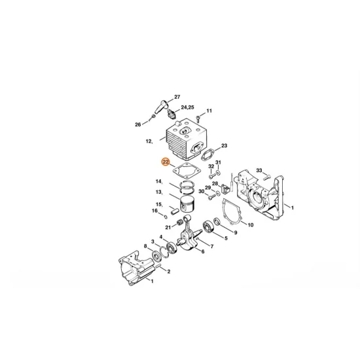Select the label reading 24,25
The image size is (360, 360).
pos(187,107)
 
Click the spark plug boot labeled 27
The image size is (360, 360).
pos(163,107)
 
